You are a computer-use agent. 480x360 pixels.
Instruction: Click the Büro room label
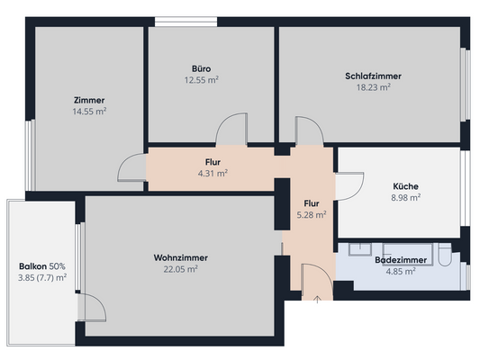[201, 68]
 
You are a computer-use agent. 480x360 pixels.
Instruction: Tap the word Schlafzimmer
[373, 76]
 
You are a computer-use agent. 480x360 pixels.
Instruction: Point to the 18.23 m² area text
[373, 87]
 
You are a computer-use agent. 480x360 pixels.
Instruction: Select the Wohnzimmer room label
[180, 257]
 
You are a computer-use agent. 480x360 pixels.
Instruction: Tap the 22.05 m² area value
[180, 269]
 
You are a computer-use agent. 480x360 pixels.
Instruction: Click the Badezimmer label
[402, 259]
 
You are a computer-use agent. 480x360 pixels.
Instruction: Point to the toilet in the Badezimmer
[448, 260]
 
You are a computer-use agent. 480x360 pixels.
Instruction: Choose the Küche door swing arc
[348, 185]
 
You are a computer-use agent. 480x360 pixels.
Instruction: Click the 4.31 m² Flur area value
[213, 173]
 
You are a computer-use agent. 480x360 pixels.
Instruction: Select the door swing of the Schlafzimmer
[309, 130]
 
